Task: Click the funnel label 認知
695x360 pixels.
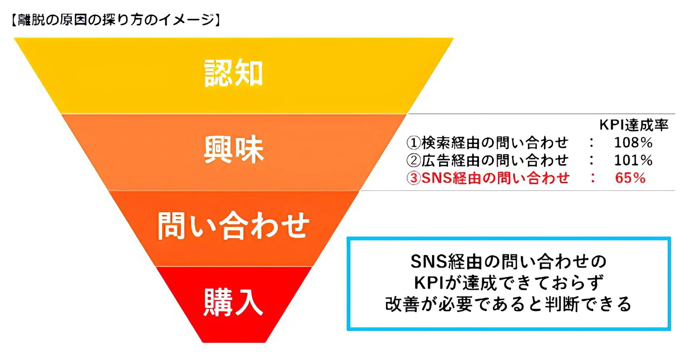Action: tap(233, 73)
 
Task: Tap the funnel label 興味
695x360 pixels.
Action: tap(233, 149)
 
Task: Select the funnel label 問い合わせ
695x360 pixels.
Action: tap(233, 226)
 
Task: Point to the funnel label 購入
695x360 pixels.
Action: tap(233, 302)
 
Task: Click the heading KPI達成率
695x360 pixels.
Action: tap(633, 125)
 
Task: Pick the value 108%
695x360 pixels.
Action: tap(633, 143)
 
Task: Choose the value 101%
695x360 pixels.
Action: tap(633, 160)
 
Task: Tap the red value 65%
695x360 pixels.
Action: tap(630, 178)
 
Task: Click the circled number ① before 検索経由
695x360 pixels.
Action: tap(413, 143)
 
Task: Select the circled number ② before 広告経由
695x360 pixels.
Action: tap(413, 161)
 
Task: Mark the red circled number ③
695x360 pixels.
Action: tap(413, 178)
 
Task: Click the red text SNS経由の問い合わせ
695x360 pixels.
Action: tap(496, 178)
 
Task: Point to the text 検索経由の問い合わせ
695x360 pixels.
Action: tap(495, 143)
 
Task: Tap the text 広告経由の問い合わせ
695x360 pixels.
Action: tap(495, 161)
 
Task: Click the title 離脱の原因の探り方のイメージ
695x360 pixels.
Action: tap(116, 20)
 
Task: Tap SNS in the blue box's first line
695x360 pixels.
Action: tap(429, 262)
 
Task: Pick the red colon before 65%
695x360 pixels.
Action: tap(593, 178)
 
